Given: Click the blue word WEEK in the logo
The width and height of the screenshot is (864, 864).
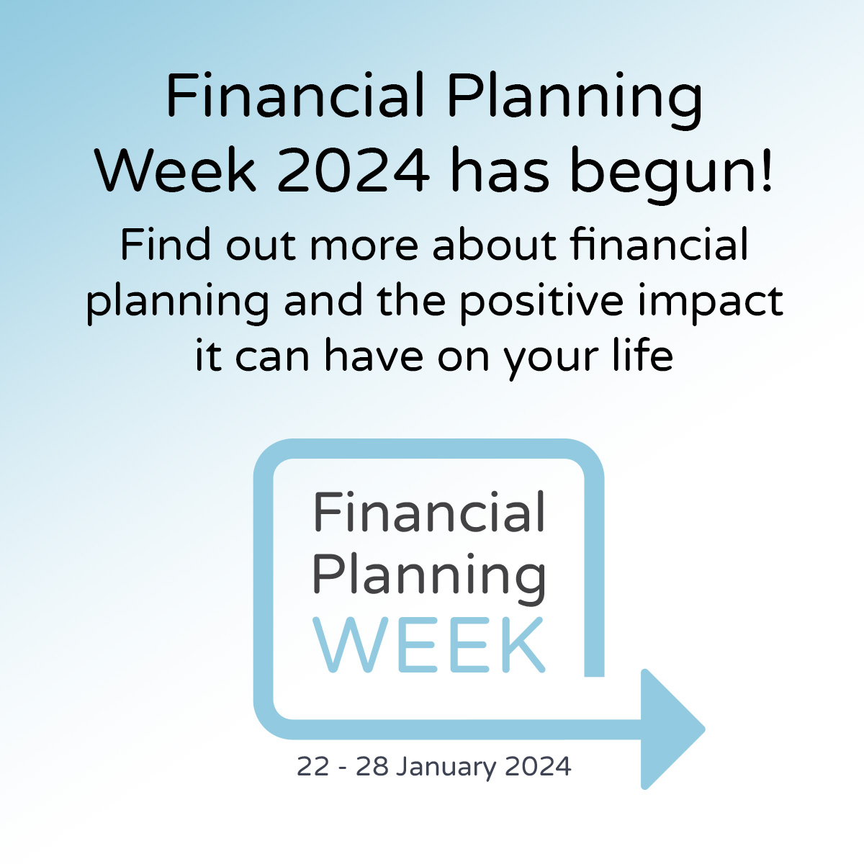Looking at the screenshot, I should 430,645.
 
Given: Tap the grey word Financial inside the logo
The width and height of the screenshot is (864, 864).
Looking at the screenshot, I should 429,513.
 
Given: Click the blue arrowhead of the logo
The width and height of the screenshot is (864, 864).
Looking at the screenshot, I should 670,729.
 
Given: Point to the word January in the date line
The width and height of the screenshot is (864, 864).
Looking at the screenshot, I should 446,767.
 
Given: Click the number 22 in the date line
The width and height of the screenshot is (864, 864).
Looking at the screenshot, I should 312,766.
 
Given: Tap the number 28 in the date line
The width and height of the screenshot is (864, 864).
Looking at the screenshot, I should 372,766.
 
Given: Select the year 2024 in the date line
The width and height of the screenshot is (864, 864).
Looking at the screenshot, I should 538,766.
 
